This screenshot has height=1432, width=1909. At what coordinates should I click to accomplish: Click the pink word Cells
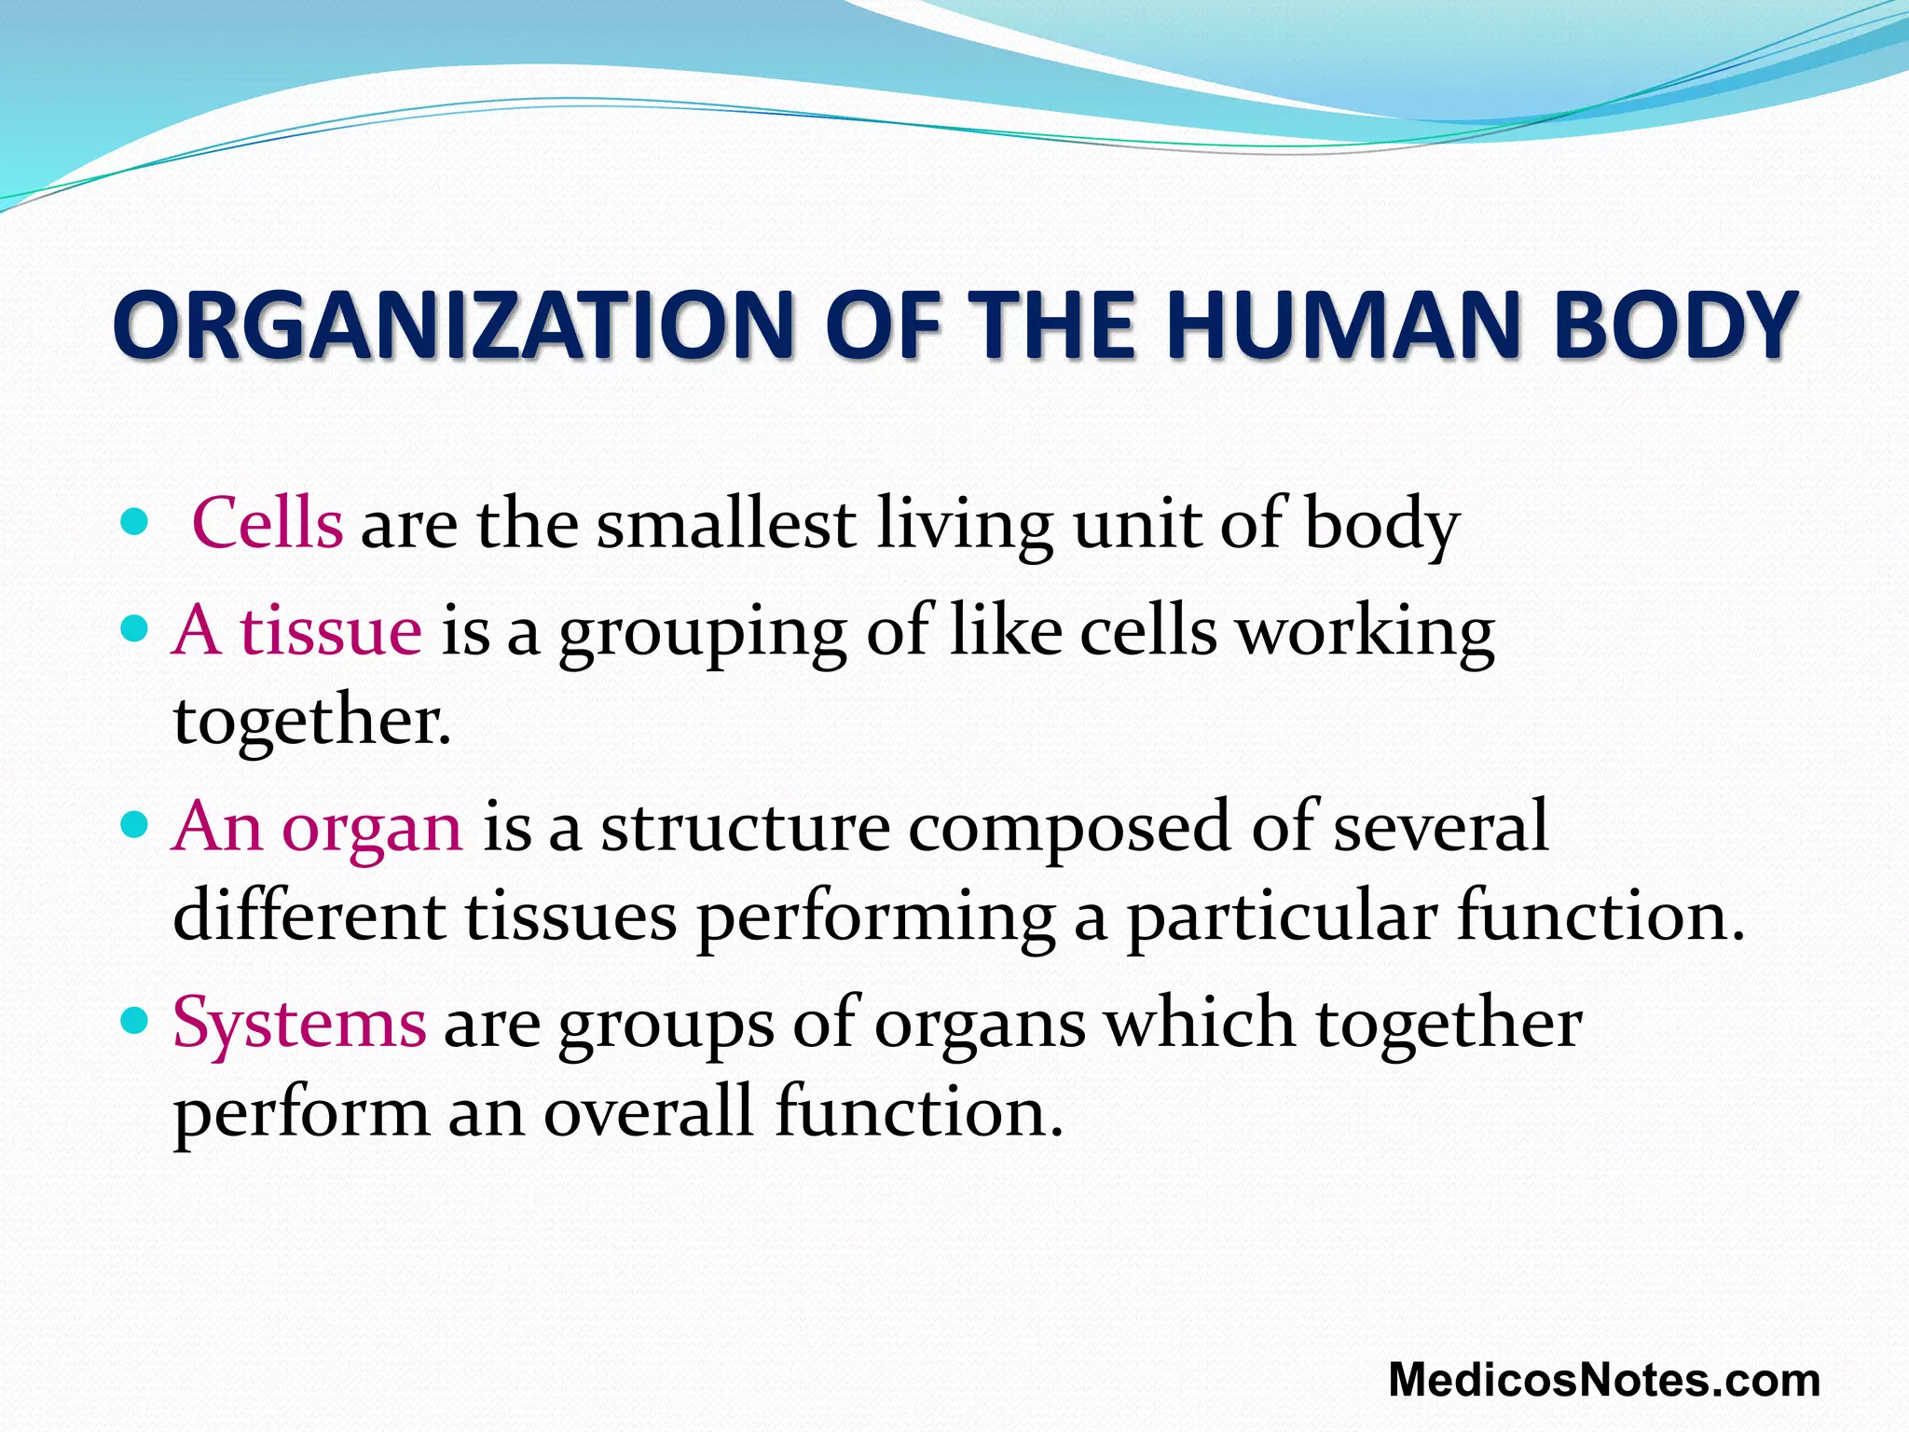point(268,523)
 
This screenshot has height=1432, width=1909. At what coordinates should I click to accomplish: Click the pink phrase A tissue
point(297,630)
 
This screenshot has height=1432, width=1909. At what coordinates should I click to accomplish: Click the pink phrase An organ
point(317,827)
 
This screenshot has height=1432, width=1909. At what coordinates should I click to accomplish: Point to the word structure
point(745,827)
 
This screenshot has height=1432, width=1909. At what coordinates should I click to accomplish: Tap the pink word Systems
point(299,1024)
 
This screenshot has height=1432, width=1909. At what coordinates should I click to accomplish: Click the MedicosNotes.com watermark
point(1603,1380)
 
